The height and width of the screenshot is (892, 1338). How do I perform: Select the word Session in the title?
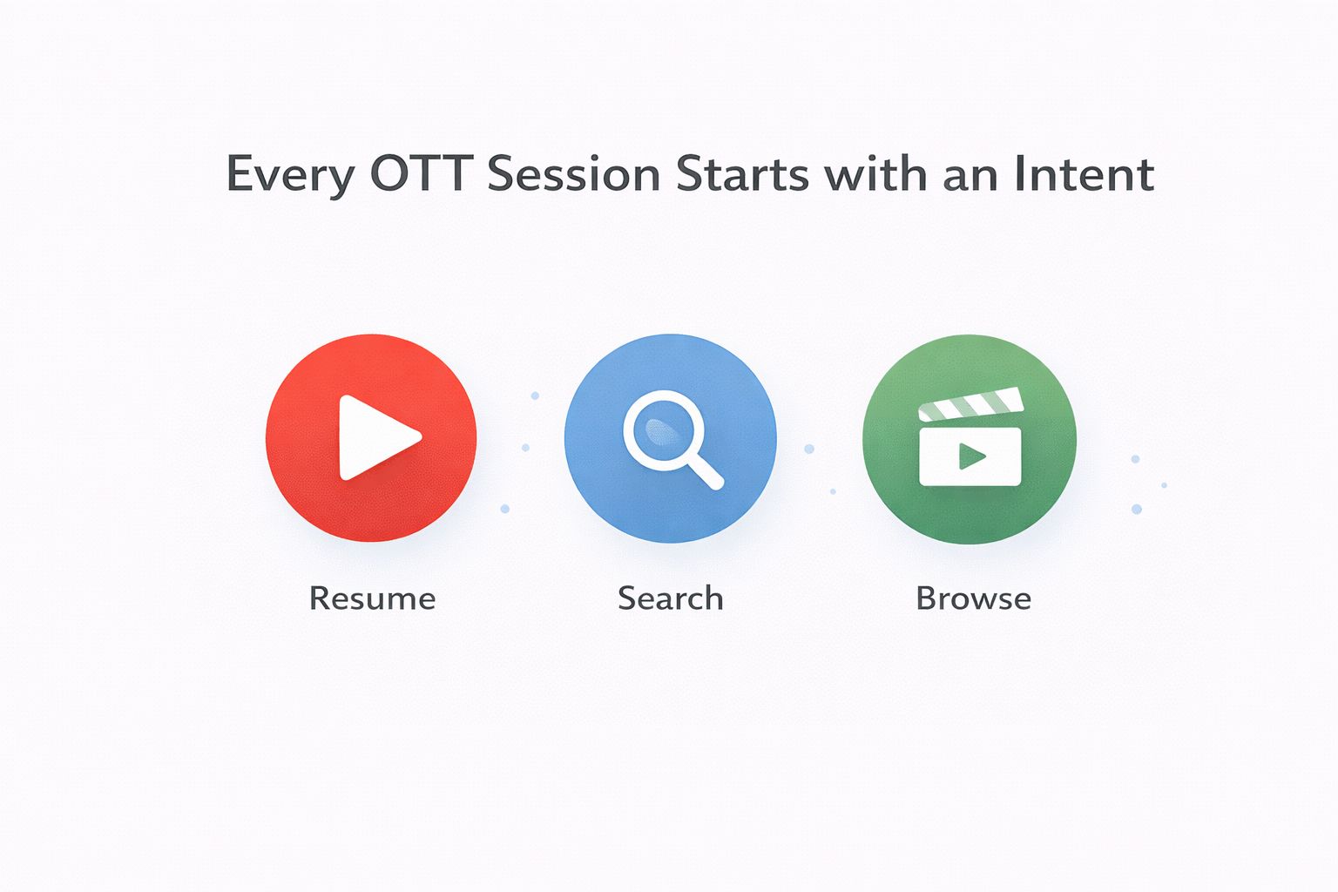point(574,173)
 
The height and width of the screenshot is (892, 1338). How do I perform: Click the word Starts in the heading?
point(742,173)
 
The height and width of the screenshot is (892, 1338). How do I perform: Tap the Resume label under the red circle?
point(372,598)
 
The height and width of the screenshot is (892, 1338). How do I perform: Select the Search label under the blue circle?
point(670,598)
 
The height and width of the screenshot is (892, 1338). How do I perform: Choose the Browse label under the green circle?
point(973,598)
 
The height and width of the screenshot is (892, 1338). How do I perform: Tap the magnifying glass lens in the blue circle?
point(663,429)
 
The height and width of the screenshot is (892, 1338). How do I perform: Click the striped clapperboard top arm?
point(970,404)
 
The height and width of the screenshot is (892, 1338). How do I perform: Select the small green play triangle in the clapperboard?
point(970,456)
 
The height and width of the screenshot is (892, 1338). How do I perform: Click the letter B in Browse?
point(926,598)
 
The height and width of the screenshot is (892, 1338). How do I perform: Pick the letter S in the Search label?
point(626,598)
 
